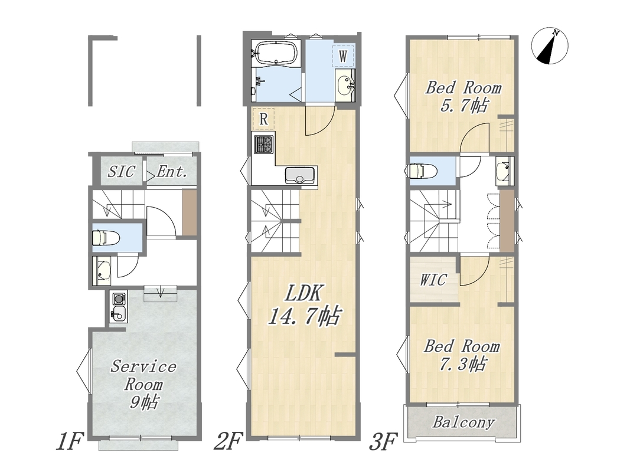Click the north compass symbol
549,46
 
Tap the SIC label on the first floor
120,172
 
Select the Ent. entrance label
172,172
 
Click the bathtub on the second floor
277,53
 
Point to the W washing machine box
342,56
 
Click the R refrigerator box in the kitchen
263,119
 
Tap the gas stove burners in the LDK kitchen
263,144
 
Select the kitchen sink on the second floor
300,175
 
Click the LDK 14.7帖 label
304,305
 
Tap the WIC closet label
433,280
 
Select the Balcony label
463,422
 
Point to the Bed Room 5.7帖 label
463,96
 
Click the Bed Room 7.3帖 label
462,355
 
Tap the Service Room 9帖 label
143,384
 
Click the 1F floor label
69,441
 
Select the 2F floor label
228,441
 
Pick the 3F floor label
384,441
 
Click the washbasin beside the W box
345,85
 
